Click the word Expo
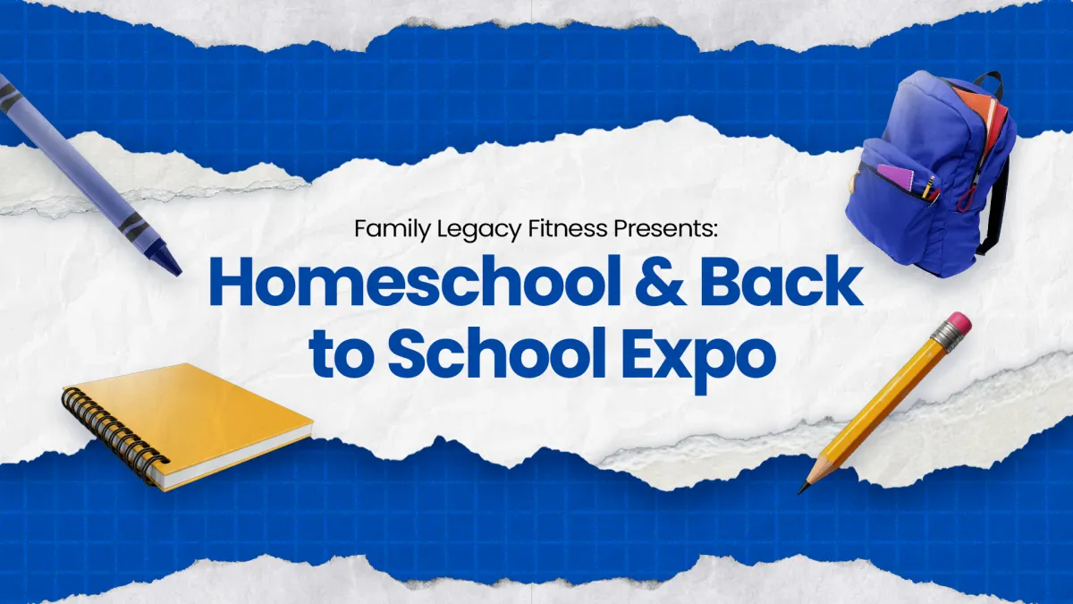699,358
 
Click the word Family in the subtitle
393,229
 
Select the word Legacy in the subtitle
479,229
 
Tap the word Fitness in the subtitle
568,228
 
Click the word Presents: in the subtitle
666,228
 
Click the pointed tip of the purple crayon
178,272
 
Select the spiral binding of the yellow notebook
114,430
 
